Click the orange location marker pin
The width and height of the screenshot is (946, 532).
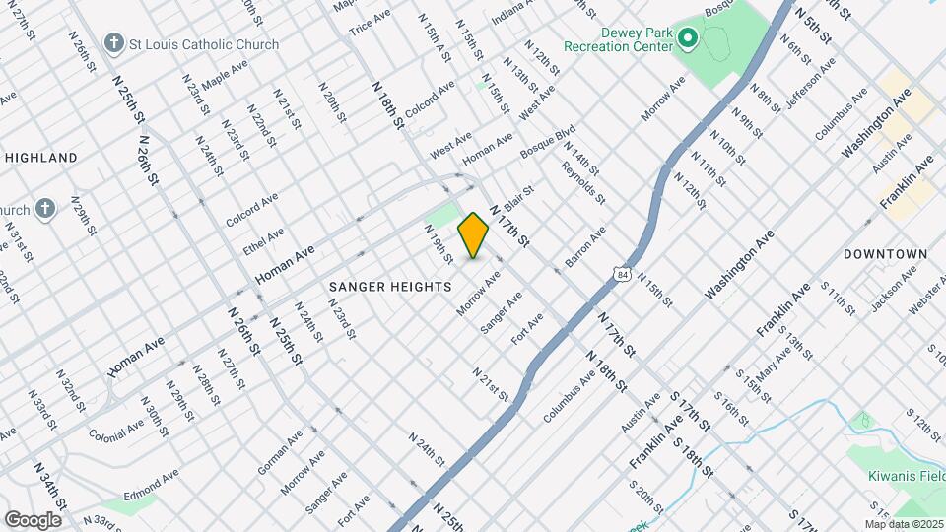(x=473, y=235)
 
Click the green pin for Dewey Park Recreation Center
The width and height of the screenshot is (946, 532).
(x=688, y=39)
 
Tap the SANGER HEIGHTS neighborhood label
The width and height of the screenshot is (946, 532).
(x=390, y=286)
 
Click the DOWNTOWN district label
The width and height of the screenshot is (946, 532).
(x=885, y=254)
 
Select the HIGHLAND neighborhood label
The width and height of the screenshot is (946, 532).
(x=41, y=158)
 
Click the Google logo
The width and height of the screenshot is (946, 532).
(x=33, y=519)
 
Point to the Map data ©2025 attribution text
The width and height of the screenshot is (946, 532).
(x=905, y=524)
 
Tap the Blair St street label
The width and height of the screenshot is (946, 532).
(x=519, y=198)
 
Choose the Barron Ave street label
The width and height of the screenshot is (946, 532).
(x=584, y=247)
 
